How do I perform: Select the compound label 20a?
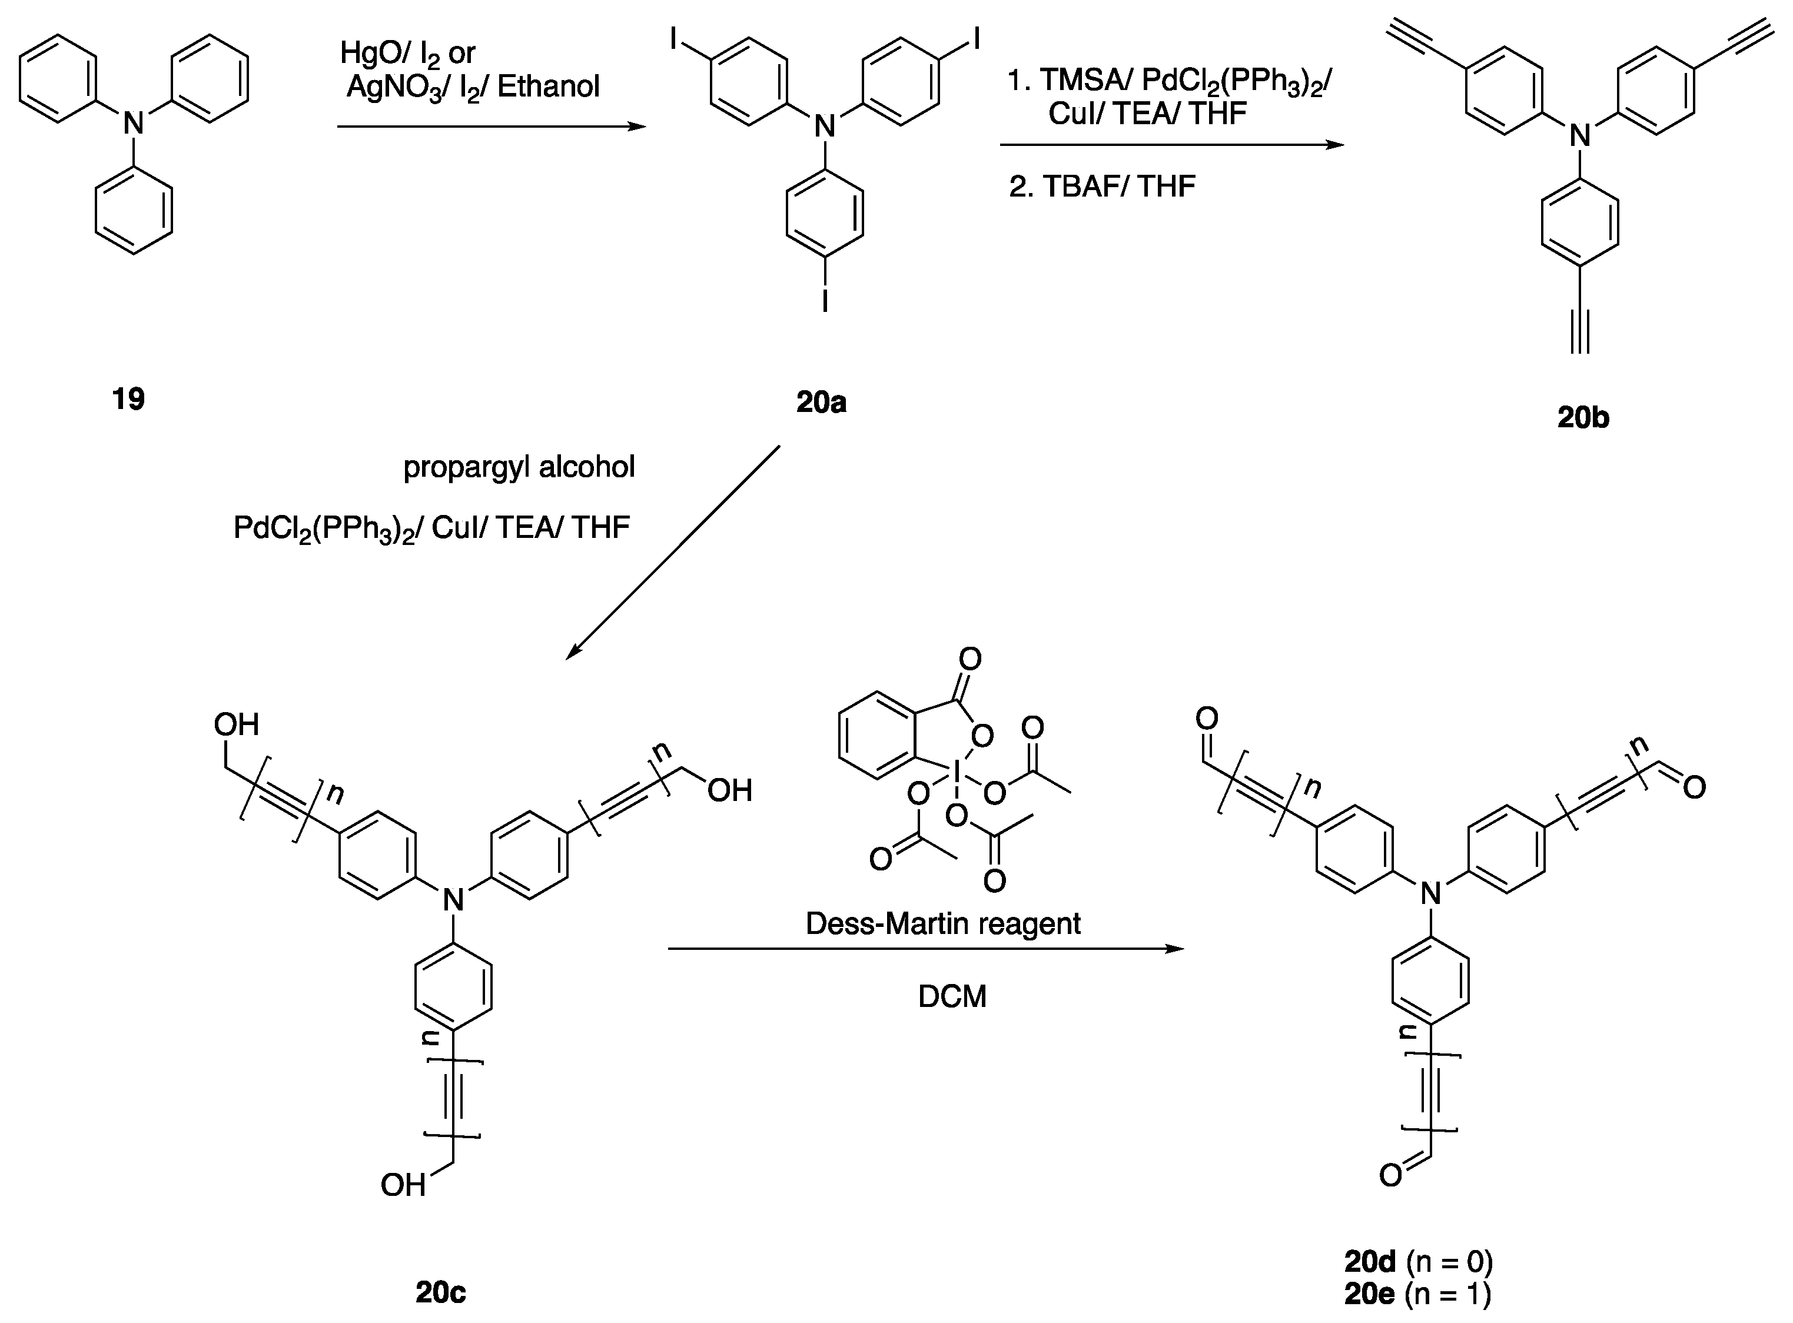click(x=821, y=402)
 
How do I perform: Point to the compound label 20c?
click(x=440, y=1292)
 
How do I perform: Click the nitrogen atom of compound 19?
click(x=134, y=124)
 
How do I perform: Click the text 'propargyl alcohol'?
click(x=519, y=467)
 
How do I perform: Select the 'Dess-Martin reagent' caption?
click(x=942, y=923)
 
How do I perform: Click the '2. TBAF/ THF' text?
click(x=1102, y=187)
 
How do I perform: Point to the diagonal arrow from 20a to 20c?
click(x=673, y=553)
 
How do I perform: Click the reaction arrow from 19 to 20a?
click(x=490, y=127)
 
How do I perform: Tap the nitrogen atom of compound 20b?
click(x=1580, y=136)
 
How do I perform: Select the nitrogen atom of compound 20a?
click(x=825, y=127)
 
